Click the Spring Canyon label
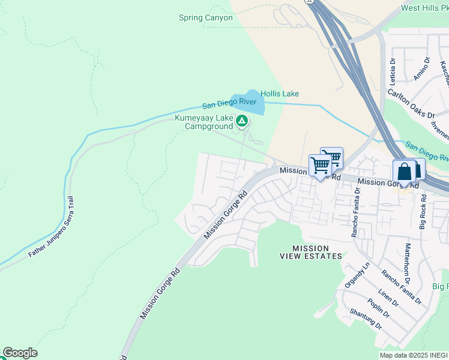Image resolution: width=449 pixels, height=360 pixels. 205,17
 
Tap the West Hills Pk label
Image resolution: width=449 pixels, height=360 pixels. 424,8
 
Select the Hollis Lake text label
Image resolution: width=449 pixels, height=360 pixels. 279,94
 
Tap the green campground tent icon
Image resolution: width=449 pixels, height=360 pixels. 241,122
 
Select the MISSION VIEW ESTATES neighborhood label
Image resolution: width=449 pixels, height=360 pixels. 311,252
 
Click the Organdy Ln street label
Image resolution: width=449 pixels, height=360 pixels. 357,274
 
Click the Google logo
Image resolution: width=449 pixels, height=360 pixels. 20,353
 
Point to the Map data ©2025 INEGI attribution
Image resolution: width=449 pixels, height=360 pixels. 414,355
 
